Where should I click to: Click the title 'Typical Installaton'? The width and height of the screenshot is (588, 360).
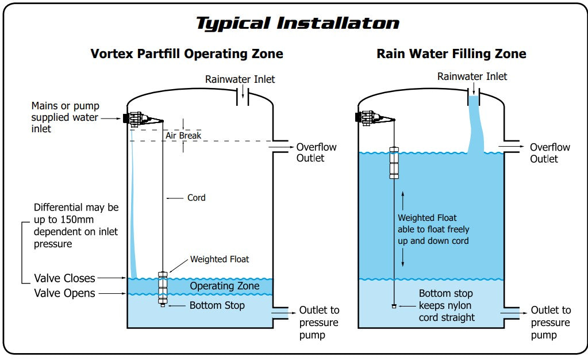click(x=297, y=24)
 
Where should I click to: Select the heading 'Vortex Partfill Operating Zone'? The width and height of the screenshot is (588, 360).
click(x=187, y=54)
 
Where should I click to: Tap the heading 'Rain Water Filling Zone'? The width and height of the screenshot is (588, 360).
click(x=451, y=54)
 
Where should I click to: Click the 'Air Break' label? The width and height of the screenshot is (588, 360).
click(x=183, y=136)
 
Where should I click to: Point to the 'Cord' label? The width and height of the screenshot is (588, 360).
click(x=196, y=198)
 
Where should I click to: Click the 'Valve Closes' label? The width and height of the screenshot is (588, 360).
click(x=64, y=278)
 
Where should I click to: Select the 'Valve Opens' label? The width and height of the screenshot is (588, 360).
click(x=64, y=293)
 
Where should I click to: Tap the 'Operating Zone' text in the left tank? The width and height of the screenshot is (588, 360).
click(x=224, y=286)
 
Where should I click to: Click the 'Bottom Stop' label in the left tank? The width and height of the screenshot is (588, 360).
click(x=217, y=305)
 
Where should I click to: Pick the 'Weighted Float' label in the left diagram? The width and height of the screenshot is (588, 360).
click(x=220, y=259)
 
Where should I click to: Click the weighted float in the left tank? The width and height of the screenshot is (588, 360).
click(x=163, y=286)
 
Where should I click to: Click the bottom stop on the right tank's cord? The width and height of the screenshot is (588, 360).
click(x=394, y=306)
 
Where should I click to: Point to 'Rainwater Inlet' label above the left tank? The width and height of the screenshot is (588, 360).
click(x=240, y=79)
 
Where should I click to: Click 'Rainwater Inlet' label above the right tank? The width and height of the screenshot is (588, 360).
click(x=472, y=76)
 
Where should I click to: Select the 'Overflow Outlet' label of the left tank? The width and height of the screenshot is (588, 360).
click(x=316, y=152)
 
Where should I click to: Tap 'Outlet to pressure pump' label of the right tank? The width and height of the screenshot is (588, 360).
click(x=550, y=323)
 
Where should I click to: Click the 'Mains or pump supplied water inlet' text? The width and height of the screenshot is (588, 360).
click(x=65, y=117)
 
